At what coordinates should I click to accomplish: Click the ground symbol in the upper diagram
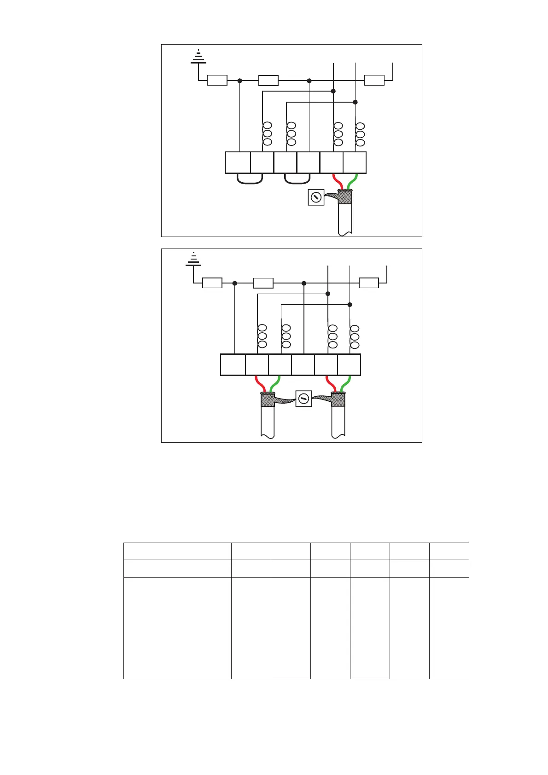point(198,57)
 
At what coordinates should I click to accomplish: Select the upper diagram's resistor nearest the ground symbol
point(217,81)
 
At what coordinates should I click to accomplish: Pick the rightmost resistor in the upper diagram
point(374,81)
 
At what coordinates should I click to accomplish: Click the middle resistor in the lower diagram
point(263,283)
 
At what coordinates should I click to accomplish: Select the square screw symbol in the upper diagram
point(316,197)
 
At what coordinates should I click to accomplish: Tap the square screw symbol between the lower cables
point(303,399)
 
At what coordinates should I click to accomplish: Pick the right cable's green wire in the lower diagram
point(345,383)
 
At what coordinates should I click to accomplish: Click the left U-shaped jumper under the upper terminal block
point(250,179)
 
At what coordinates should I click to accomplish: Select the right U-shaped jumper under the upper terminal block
point(297,179)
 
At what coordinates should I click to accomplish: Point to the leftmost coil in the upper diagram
point(267,134)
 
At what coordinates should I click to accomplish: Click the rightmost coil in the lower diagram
point(355,336)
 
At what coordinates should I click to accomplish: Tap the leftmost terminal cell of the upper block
point(238,162)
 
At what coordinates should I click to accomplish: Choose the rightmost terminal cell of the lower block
point(349,365)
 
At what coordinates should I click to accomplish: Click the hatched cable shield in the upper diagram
point(344,197)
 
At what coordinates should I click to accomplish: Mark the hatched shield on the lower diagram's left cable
point(268,400)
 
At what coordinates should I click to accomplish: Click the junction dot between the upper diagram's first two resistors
point(239,81)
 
